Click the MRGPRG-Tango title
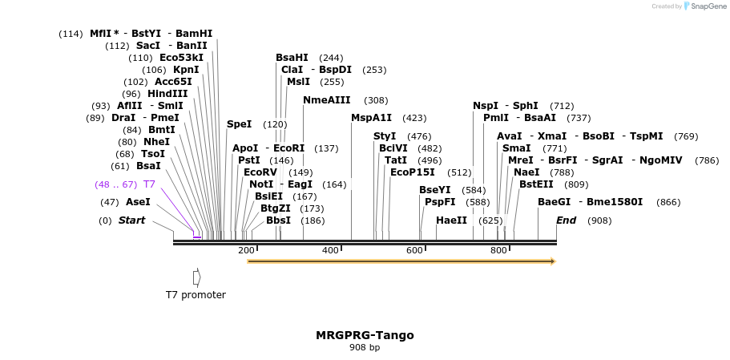point(365,335)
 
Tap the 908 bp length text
point(365,348)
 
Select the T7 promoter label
point(196,295)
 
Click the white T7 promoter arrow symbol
point(196,277)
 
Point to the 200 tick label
point(246,251)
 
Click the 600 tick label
point(414,251)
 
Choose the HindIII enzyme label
point(167,94)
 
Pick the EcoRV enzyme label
point(260,172)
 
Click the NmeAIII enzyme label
point(327,100)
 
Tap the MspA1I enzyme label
point(372,118)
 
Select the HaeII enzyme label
point(451,220)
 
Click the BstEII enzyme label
point(537,184)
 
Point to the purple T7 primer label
point(149,184)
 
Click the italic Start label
point(132,220)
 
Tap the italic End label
point(566,220)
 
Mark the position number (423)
point(414,118)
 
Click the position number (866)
point(667,202)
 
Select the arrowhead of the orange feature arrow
point(552,261)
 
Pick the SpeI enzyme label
point(239,124)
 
